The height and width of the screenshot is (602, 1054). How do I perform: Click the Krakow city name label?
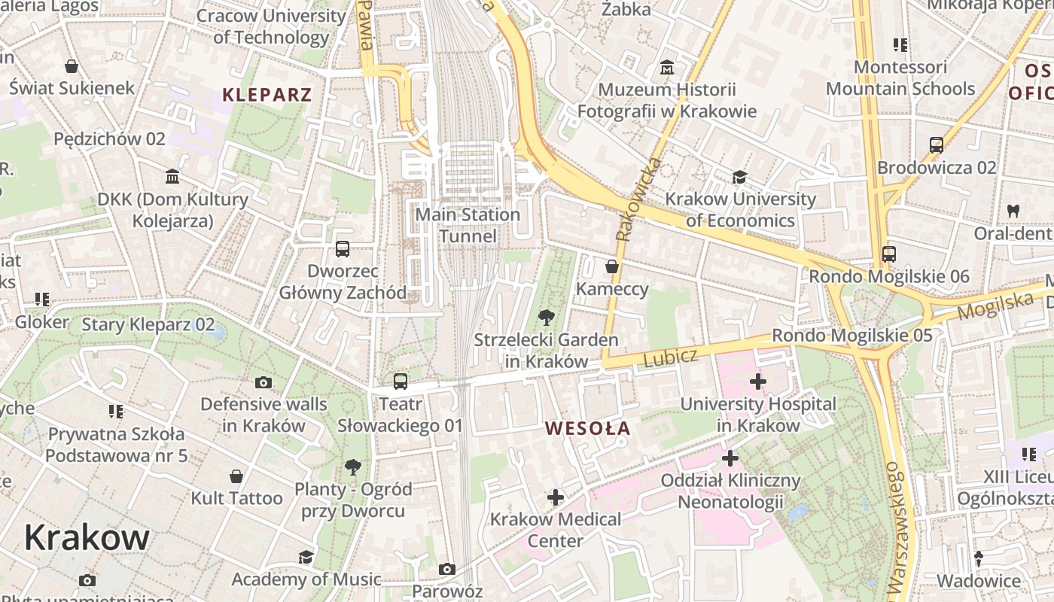coord(87,538)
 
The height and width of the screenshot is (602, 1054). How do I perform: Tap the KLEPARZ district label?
coord(267,95)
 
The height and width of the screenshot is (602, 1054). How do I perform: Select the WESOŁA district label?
coord(587,429)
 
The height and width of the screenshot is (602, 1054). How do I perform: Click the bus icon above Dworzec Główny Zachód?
coord(343,248)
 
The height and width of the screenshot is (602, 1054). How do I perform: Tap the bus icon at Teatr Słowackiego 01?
coord(401,382)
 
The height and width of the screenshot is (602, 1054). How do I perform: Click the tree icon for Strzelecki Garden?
coord(547,318)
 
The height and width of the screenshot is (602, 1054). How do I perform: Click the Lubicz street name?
coord(671,358)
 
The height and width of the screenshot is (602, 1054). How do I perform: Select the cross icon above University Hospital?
coord(758,382)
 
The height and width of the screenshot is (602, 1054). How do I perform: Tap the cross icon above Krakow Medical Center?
coord(556,497)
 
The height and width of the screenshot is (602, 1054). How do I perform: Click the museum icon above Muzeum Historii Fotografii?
coord(666,68)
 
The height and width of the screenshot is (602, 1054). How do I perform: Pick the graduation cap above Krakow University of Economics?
coord(740,177)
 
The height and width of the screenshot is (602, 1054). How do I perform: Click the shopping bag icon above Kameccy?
coord(612,266)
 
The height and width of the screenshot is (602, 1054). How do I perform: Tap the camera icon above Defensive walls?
coord(263,382)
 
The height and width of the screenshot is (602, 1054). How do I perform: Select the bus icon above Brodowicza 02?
coord(937,145)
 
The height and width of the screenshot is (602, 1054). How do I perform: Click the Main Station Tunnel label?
coord(468,225)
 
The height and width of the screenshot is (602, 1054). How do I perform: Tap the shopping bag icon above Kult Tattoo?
coord(236,476)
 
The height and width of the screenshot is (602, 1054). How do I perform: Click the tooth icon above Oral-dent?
coord(1013,211)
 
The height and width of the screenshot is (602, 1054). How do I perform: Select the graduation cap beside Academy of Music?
coord(306,557)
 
